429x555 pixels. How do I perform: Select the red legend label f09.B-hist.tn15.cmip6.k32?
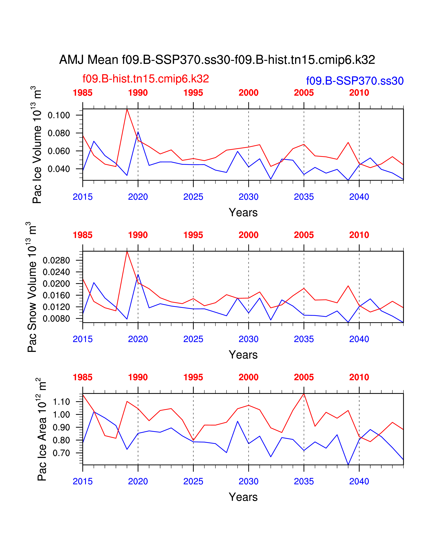146,79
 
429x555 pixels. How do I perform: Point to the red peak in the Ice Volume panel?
127,109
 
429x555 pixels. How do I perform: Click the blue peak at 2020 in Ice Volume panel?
138,132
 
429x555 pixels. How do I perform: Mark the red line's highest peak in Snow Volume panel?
127,252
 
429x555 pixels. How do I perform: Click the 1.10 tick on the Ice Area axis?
61,402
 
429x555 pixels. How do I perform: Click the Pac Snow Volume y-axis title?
32,287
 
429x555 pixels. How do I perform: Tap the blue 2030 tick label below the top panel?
248,197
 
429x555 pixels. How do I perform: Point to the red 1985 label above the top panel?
83,93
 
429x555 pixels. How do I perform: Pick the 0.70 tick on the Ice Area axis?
61,453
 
